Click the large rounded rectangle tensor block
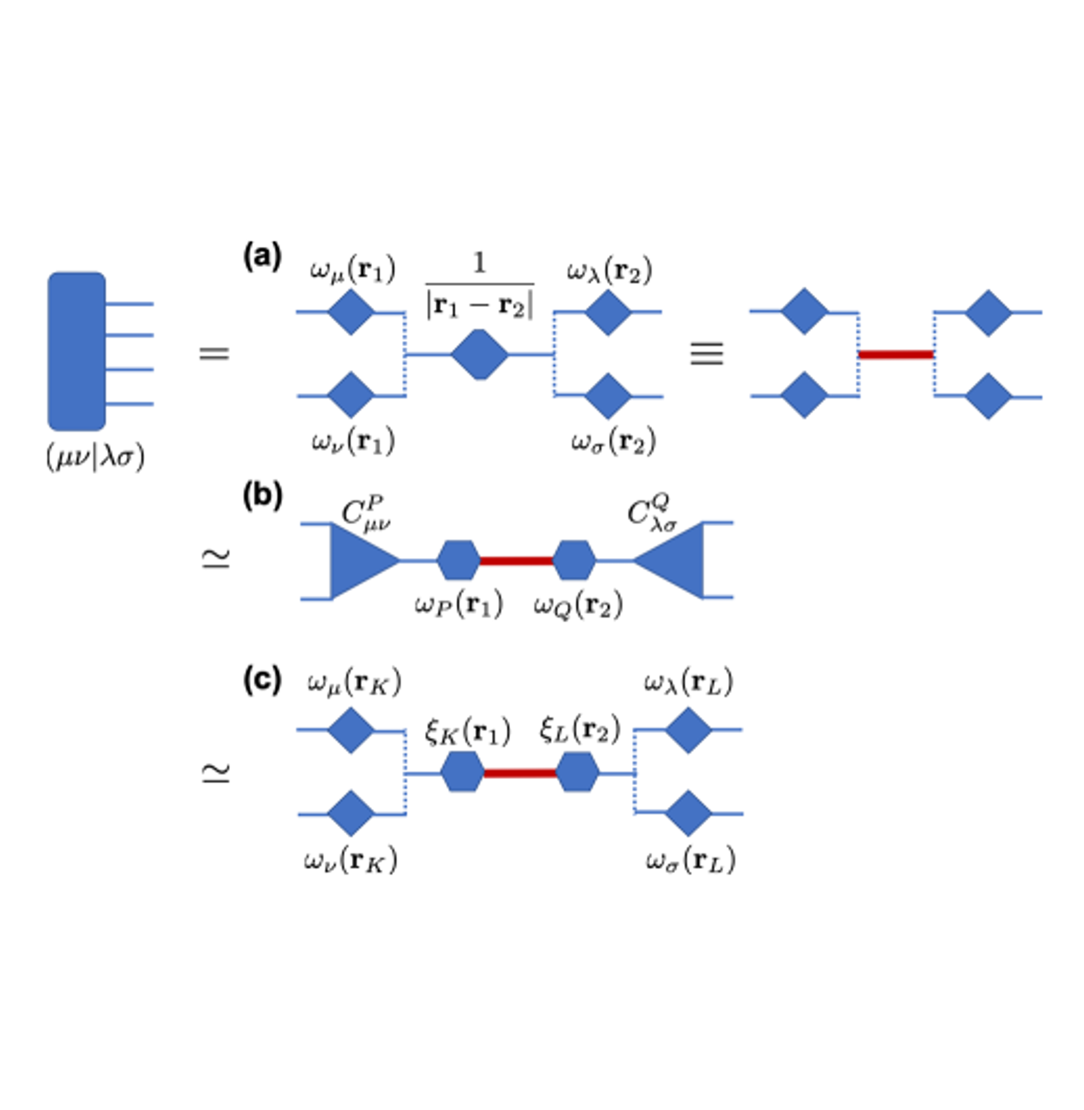[76, 351]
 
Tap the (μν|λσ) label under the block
[95, 458]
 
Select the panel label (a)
[262, 257]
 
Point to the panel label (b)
[262, 496]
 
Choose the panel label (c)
[262, 680]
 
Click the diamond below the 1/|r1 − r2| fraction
[480, 354]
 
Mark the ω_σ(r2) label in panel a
[613, 442]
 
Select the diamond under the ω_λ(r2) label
[608, 312]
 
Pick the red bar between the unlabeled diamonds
[896, 355]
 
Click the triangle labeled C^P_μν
[359, 561]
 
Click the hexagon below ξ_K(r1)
[462, 772]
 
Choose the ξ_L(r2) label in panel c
[579, 731]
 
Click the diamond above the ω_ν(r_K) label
[350, 813]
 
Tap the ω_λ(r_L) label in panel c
[688, 682]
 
